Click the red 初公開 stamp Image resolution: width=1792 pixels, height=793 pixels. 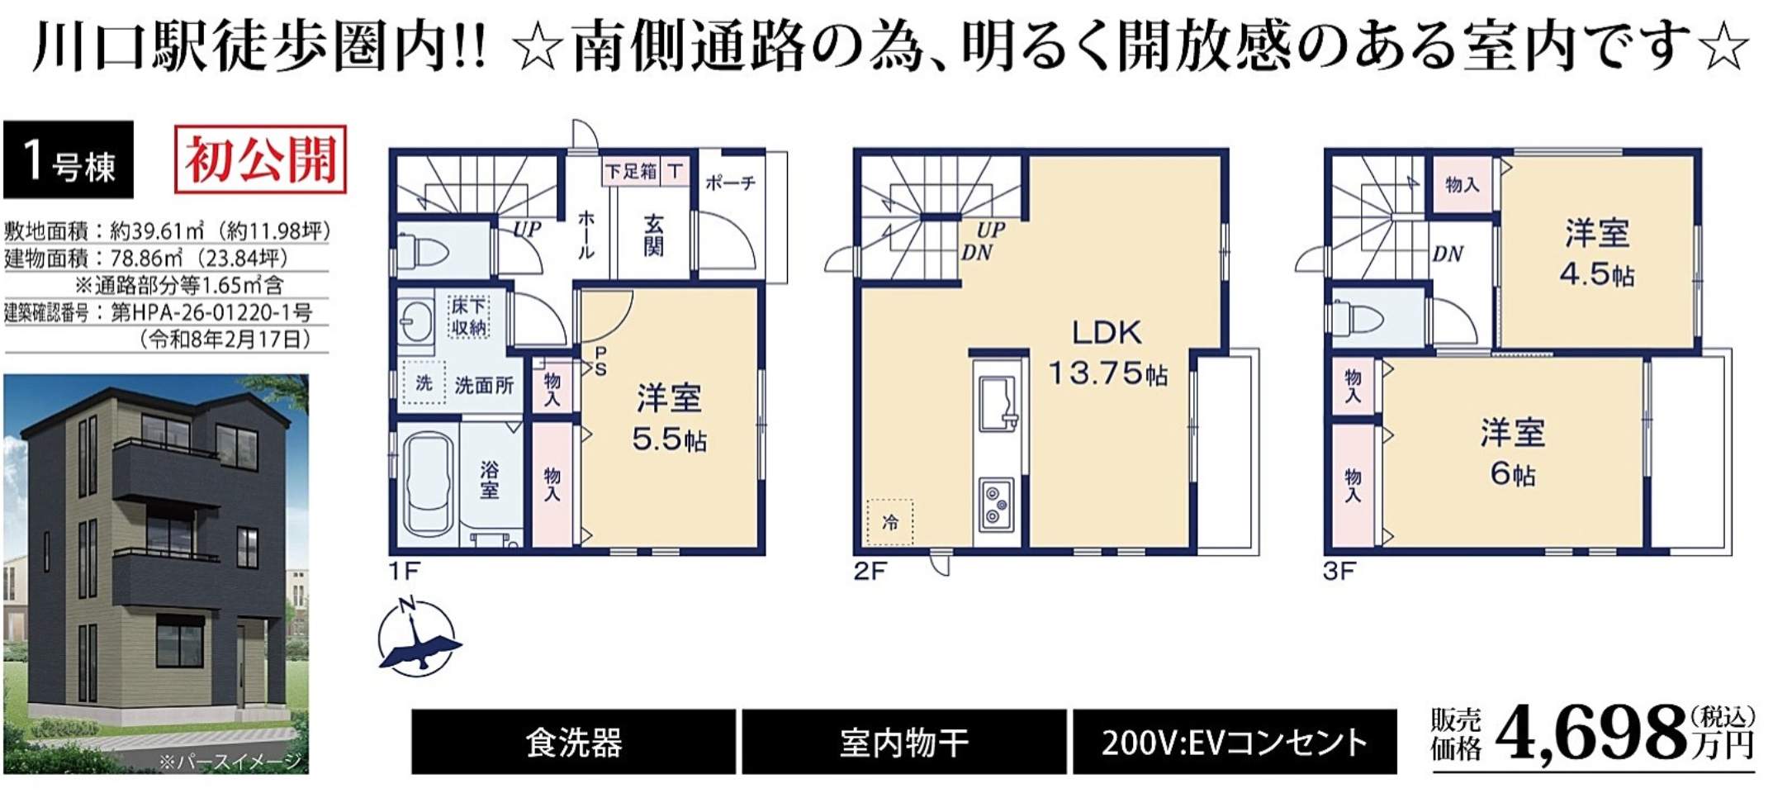(260, 159)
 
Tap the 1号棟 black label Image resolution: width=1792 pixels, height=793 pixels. (69, 159)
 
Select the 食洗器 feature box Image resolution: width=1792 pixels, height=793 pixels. (573, 742)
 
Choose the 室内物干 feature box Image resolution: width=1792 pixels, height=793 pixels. (904, 742)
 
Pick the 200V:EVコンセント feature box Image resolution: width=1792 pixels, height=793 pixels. (1235, 742)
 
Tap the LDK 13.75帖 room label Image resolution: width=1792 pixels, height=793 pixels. (1107, 353)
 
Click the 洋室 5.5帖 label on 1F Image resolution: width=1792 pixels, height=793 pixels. (669, 419)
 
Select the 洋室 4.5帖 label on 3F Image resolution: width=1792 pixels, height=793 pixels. (1597, 253)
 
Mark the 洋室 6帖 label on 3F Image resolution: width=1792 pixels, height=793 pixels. (1513, 453)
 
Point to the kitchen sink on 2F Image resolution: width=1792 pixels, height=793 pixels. (998, 403)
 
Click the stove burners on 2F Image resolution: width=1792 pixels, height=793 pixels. (997, 503)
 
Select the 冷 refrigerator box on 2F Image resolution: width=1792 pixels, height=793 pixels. (889, 522)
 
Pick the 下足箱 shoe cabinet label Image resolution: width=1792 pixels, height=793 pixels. (631, 171)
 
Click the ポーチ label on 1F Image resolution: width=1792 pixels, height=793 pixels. (730, 183)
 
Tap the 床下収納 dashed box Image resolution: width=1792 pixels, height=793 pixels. (469, 316)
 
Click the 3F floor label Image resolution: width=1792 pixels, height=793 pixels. (1339, 571)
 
